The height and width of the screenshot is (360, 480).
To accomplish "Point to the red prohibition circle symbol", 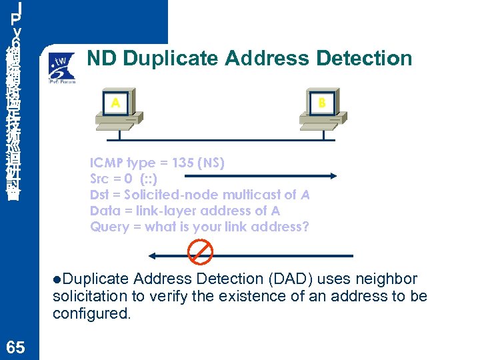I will coord(200,252).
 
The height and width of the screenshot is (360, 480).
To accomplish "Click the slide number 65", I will coord(14,347).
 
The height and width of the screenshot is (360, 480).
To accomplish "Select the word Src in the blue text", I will coord(100,179).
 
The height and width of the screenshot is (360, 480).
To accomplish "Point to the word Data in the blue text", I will coord(103,211).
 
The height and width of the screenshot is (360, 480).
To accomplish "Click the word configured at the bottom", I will coord(89,313).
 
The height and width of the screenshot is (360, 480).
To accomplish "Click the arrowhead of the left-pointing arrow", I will coord(152,255).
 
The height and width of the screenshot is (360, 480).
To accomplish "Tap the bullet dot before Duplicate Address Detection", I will coord(57,279).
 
